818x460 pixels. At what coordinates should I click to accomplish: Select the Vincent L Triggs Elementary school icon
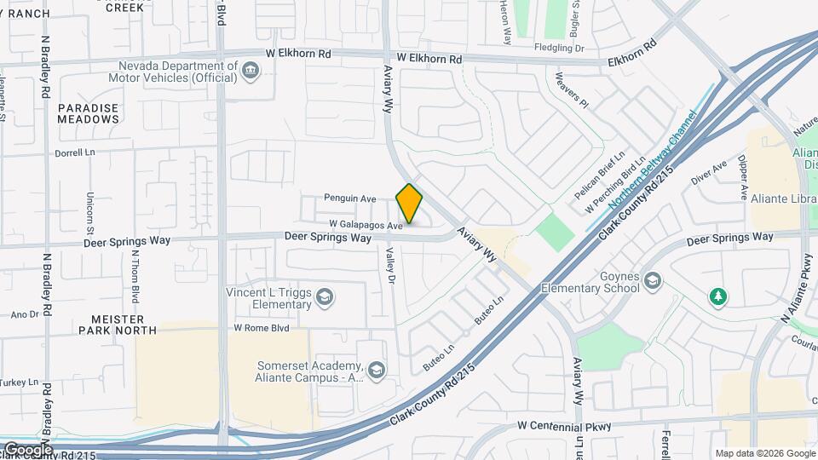pos(324,297)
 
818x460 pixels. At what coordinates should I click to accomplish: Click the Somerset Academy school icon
pos(377,370)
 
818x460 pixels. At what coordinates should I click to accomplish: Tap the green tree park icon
pos(719,296)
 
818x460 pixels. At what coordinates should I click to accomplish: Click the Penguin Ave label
pos(349,198)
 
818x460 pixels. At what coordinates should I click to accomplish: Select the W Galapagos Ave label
pos(366,226)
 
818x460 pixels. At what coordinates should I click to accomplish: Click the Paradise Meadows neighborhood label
pos(89,113)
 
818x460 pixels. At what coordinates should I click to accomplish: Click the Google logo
pos(27,449)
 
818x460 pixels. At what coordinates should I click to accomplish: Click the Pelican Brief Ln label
pos(600,176)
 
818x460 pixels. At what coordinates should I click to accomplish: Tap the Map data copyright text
pos(764,453)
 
